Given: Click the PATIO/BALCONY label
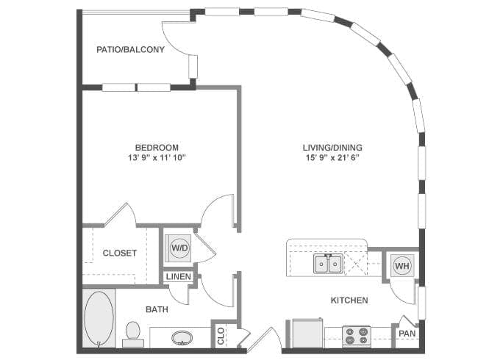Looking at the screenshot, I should click(130, 50).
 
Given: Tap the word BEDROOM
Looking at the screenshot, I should click(157, 147).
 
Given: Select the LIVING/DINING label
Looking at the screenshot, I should click(332, 147).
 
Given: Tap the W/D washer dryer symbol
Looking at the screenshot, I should click(179, 248).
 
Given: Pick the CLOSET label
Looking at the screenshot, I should click(119, 253).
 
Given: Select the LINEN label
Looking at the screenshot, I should click(178, 277).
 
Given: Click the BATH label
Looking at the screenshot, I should click(156, 309).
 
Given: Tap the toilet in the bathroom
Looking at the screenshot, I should click(133, 332).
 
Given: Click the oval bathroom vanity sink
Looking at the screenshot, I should click(182, 338).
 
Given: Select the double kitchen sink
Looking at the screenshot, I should click(329, 263).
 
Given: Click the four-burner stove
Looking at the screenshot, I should click(357, 336).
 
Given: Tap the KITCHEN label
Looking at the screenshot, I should click(349, 300).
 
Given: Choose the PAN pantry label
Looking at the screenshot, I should click(407, 334).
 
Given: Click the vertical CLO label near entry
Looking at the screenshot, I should click(220, 336).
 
